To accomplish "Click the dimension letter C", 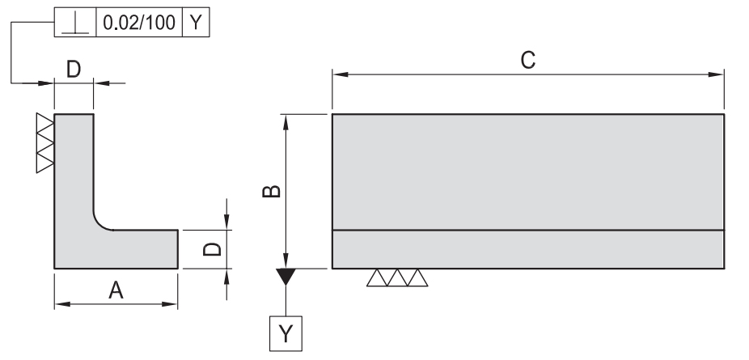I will (527, 60).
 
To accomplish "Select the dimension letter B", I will (274, 191).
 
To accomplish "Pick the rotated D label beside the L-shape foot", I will (209, 248).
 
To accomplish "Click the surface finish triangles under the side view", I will (397, 277).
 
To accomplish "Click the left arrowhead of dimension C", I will (338, 75).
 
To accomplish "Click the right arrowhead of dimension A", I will (171, 304).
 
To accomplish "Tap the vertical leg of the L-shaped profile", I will (74, 170).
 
